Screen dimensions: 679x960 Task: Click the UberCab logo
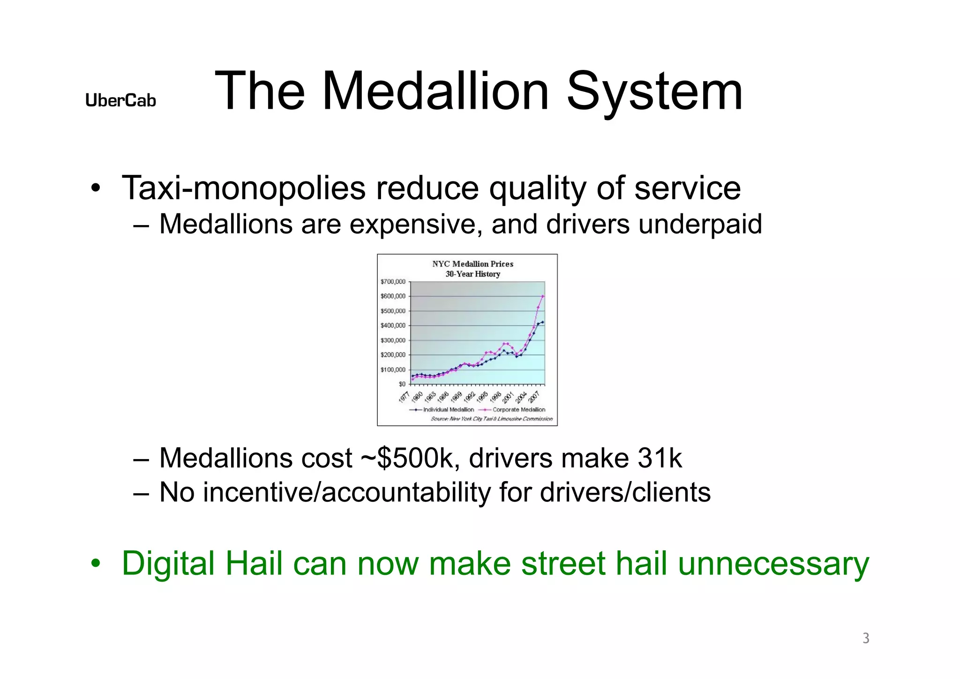click(x=120, y=100)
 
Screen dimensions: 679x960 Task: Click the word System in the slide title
click(x=654, y=91)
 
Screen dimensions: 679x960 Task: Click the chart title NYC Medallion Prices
click(x=472, y=264)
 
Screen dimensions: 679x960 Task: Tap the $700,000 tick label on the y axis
click(x=393, y=282)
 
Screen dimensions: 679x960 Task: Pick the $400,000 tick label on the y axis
click(x=393, y=325)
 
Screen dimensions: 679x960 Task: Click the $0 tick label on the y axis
click(x=402, y=384)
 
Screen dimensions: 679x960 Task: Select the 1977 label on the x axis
click(x=404, y=397)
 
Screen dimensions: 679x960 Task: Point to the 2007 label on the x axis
click(x=534, y=397)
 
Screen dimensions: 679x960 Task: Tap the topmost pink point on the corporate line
click(x=543, y=296)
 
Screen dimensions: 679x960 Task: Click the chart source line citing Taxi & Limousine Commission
click(x=491, y=419)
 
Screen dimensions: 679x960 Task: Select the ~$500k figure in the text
click(x=410, y=458)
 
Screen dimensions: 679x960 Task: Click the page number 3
click(x=866, y=638)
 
